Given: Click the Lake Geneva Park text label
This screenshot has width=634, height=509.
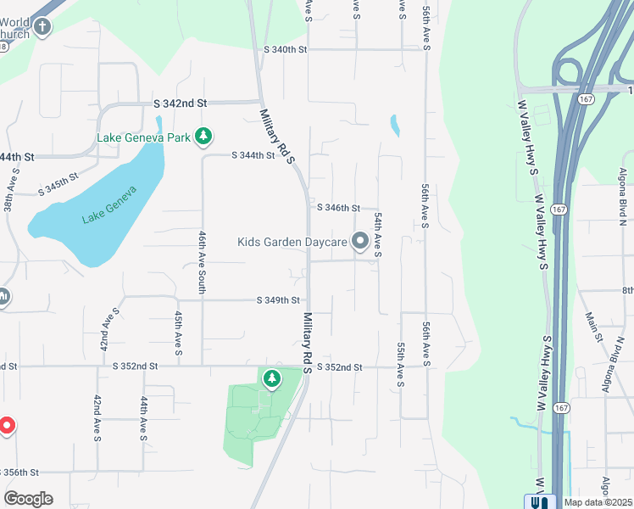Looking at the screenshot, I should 143,137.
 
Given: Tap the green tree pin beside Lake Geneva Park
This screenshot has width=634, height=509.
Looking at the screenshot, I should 203,136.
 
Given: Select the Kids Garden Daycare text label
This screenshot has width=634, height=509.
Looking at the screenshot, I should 292,243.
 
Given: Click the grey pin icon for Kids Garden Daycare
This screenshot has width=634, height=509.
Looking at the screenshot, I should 360,243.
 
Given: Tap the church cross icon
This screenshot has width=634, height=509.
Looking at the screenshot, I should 42,27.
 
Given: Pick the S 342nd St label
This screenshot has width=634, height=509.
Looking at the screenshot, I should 181,103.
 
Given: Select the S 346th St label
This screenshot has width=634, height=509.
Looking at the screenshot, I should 339,208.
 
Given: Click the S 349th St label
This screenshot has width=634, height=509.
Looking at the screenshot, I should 279,300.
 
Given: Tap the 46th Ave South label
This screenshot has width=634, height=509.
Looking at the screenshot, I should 203,262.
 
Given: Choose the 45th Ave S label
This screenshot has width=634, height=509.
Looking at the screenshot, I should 180,332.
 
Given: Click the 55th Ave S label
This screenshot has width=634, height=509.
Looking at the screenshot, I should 399,365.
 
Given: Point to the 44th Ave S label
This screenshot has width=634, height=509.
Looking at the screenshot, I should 144,418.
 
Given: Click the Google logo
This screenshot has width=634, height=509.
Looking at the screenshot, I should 28,499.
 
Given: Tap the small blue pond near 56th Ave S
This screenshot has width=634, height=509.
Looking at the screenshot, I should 394,126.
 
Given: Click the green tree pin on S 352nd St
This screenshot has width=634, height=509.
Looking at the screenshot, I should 271,379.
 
